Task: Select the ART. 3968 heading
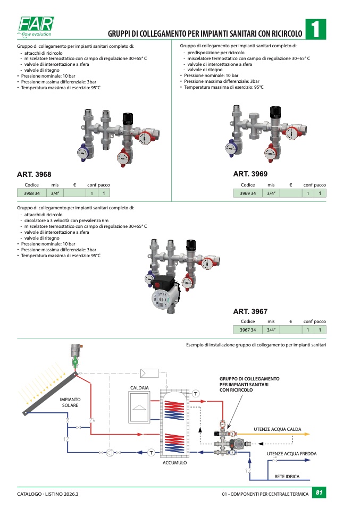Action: [34, 174]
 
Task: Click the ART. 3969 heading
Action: [250, 174]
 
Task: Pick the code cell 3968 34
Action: [32, 193]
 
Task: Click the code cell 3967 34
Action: [248, 330]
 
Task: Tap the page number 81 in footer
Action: [319, 493]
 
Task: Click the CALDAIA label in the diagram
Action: [139, 388]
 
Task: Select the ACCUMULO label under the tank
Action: [175, 463]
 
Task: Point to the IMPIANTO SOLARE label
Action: [70, 402]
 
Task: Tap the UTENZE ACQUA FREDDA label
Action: [292, 454]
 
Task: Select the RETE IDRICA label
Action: [287, 477]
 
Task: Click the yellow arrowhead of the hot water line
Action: [307, 434]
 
